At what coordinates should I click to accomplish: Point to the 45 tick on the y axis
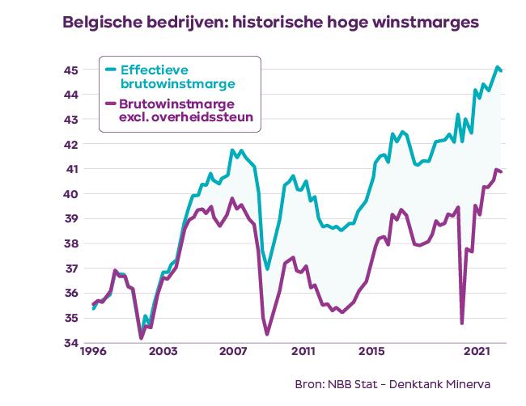[x=72, y=70]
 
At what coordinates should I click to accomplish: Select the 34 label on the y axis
[x=72, y=343]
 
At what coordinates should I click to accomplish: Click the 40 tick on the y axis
[x=72, y=194]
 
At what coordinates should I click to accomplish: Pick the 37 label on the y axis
[x=72, y=269]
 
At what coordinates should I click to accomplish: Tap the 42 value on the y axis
[x=72, y=144]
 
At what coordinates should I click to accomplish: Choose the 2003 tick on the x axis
[x=163, y=353]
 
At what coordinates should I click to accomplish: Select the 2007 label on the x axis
[x=234, y=353]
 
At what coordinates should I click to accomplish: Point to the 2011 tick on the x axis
[x=303, y=353]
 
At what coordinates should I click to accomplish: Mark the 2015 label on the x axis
[x=371, y=353]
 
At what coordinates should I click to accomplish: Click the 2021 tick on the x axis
[x=478, y=353]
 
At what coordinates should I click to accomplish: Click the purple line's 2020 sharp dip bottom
[x=462, y=323]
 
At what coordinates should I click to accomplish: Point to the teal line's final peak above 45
[x=497, y=67]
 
